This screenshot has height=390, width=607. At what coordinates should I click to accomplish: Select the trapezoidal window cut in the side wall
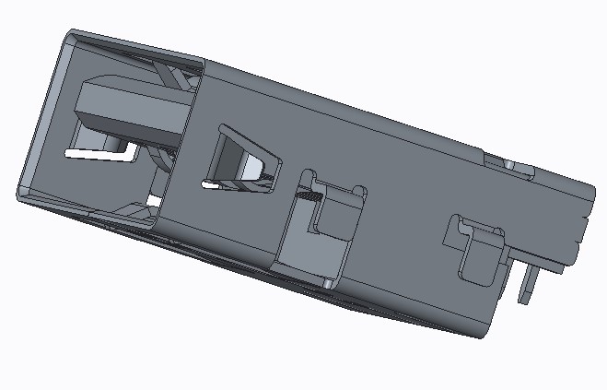click(241, 160)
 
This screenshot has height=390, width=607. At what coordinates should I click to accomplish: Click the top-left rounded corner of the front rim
click(69, 38)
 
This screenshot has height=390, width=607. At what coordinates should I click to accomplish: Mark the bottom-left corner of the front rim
click(22, 193)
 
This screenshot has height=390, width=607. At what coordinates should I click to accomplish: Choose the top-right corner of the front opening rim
click(201, 64)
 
